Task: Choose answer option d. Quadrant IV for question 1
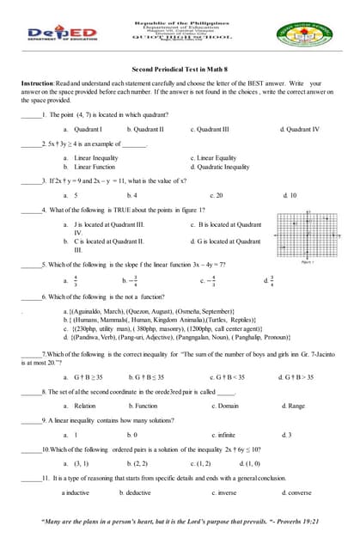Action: [299, 128]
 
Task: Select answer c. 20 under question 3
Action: [216, 195]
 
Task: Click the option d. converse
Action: [296, 492]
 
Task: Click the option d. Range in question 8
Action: [292, 406]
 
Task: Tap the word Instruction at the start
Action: [38, 83]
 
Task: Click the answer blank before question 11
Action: [30, 478]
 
